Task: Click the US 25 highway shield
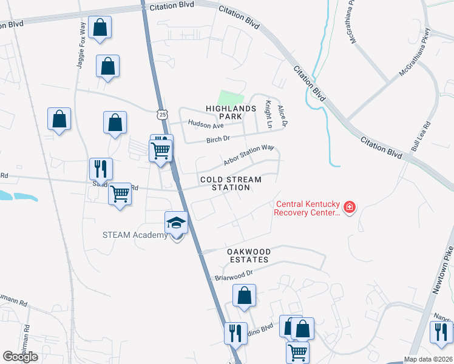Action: (160, 114)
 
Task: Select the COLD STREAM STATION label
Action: (231, 183)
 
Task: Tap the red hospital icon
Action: (349, 208)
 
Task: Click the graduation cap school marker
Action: (176, 223)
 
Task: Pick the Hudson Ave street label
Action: (206, 124)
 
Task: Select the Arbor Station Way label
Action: (249, 155)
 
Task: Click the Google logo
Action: (20, 357)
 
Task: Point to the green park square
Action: (231, 98)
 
